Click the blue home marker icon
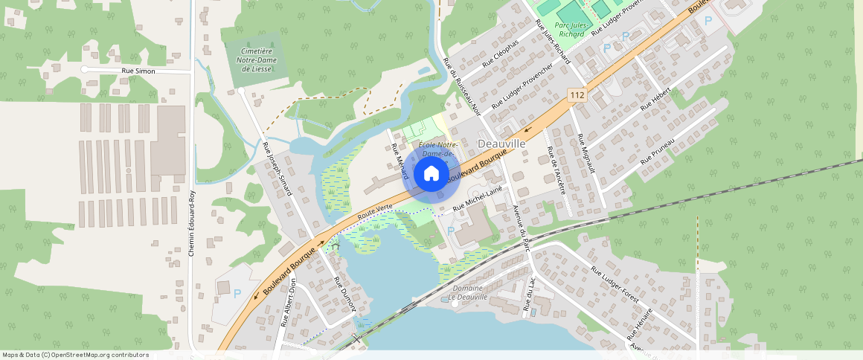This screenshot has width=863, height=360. point(431,174)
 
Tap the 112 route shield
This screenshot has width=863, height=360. point(577,94)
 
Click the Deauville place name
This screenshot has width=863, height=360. point(501,143)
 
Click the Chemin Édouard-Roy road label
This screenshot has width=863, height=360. point(192,224)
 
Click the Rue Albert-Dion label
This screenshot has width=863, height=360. point(289,303)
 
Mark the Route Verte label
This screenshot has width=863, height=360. point(375,211)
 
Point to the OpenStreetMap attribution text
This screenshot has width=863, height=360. point(75,355)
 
